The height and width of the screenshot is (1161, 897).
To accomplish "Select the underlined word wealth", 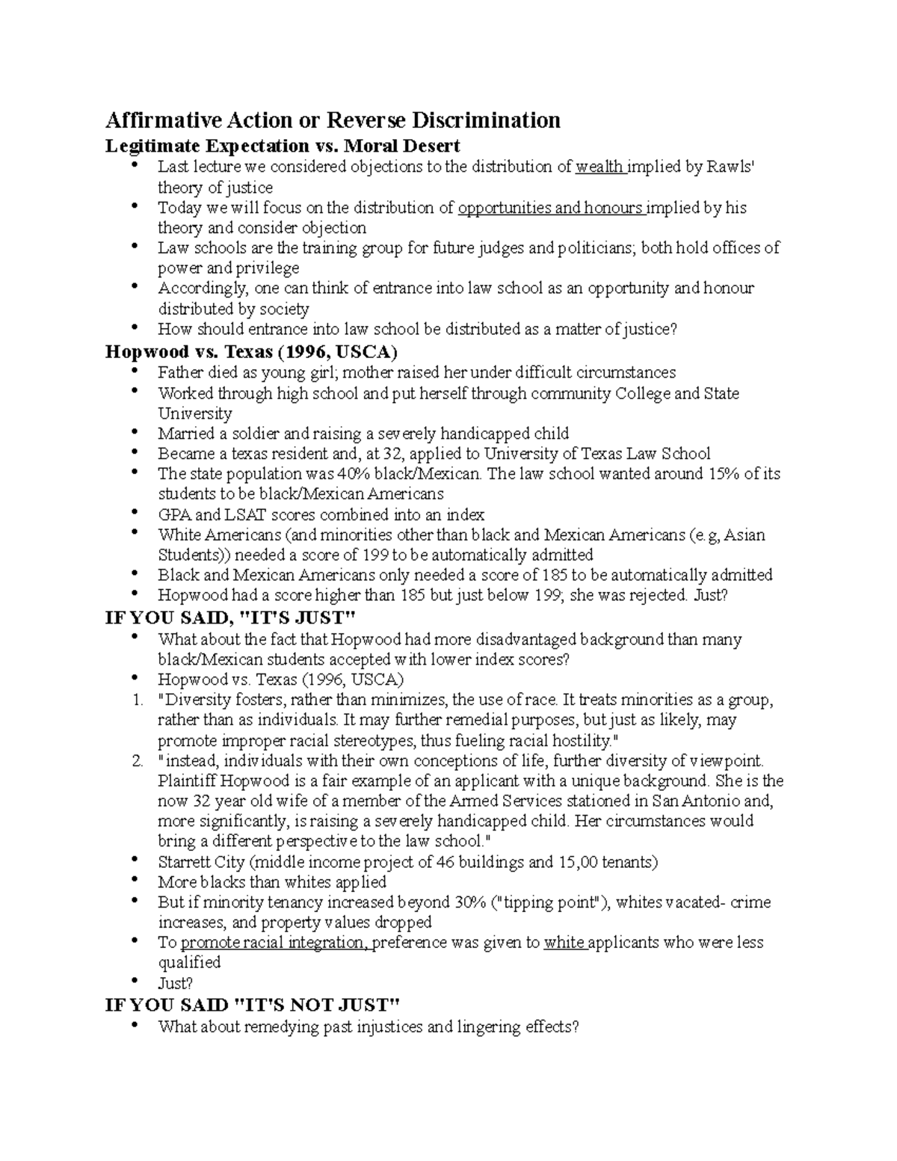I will tap(599, 167).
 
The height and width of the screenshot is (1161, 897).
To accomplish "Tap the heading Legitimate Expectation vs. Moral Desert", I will tap(283, 145).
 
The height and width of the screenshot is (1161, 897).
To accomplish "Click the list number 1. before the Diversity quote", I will tap(137, 700).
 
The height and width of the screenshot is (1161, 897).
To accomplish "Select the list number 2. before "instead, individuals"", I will tap(137, 762).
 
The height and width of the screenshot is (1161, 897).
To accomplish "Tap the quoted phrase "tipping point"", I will tap(549, 902).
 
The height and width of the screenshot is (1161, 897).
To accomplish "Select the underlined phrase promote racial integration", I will tap(274, 943).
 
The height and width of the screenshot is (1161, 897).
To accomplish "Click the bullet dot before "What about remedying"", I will tap(134, 1025).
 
